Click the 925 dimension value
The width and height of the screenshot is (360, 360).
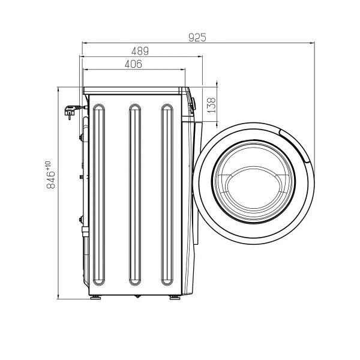(197, 38)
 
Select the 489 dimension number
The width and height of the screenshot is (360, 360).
(140, 51)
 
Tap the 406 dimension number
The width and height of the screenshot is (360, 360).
(133, 64)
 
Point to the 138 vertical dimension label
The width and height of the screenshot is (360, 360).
(212, 105)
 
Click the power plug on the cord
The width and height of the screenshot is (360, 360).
(71, 112)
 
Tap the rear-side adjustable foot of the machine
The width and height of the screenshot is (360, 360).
(95, 298)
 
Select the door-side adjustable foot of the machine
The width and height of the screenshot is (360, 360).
(175, 298)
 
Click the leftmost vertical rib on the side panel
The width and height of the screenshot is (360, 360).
(99, 194)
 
